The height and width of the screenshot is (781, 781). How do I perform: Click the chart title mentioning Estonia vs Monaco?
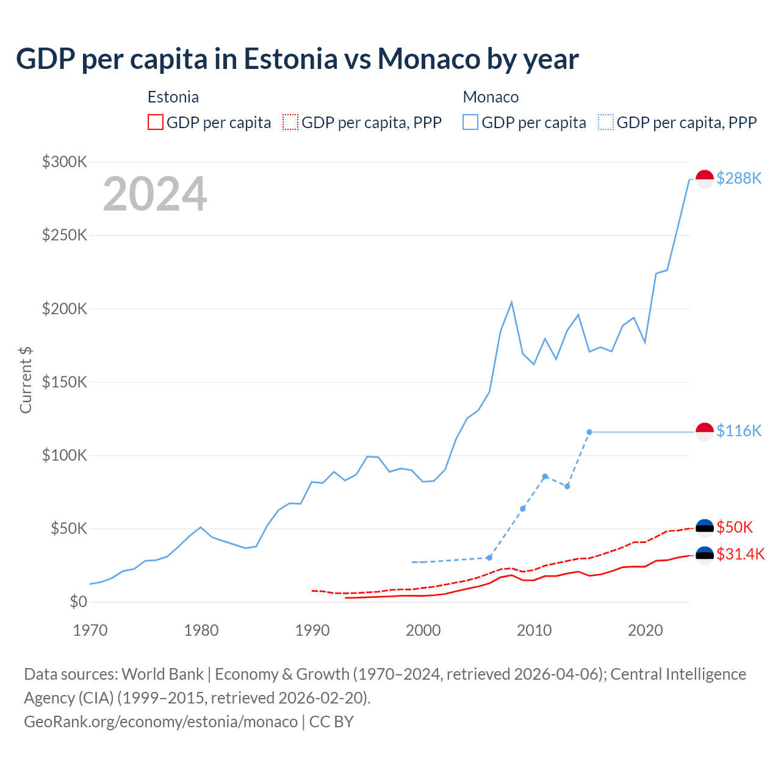(x=297, y=59)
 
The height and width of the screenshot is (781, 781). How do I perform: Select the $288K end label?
(x=739, y=178)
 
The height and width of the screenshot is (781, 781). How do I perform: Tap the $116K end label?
(x=739, y=431)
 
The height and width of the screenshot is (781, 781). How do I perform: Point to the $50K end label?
(x=735, y=527)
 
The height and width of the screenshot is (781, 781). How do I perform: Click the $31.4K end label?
(x=740, y=554)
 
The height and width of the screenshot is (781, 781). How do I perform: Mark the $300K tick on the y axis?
(x=65, y=162)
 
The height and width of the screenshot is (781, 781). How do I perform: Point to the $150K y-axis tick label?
(x=65, y=382)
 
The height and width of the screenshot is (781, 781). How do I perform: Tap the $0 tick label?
(x=78, y=602)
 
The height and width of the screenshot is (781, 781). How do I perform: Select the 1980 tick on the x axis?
(x=201, y=630)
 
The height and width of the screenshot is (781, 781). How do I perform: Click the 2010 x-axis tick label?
(x=534, y=630)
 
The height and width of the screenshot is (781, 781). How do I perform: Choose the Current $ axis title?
(x=26, y=380)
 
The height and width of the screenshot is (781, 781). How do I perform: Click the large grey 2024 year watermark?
(x=155, y=194)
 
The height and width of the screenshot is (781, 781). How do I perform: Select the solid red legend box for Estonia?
(x=156, y=122)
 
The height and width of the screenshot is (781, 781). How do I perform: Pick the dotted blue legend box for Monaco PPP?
(x=606, y=122)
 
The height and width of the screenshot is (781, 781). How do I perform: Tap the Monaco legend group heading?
(x=491, y=97)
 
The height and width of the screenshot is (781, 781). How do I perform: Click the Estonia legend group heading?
(x=173, y=97)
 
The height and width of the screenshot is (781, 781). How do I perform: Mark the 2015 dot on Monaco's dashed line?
(x=589, y=432)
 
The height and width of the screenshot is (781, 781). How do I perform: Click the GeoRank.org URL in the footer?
(x=160, y=721)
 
